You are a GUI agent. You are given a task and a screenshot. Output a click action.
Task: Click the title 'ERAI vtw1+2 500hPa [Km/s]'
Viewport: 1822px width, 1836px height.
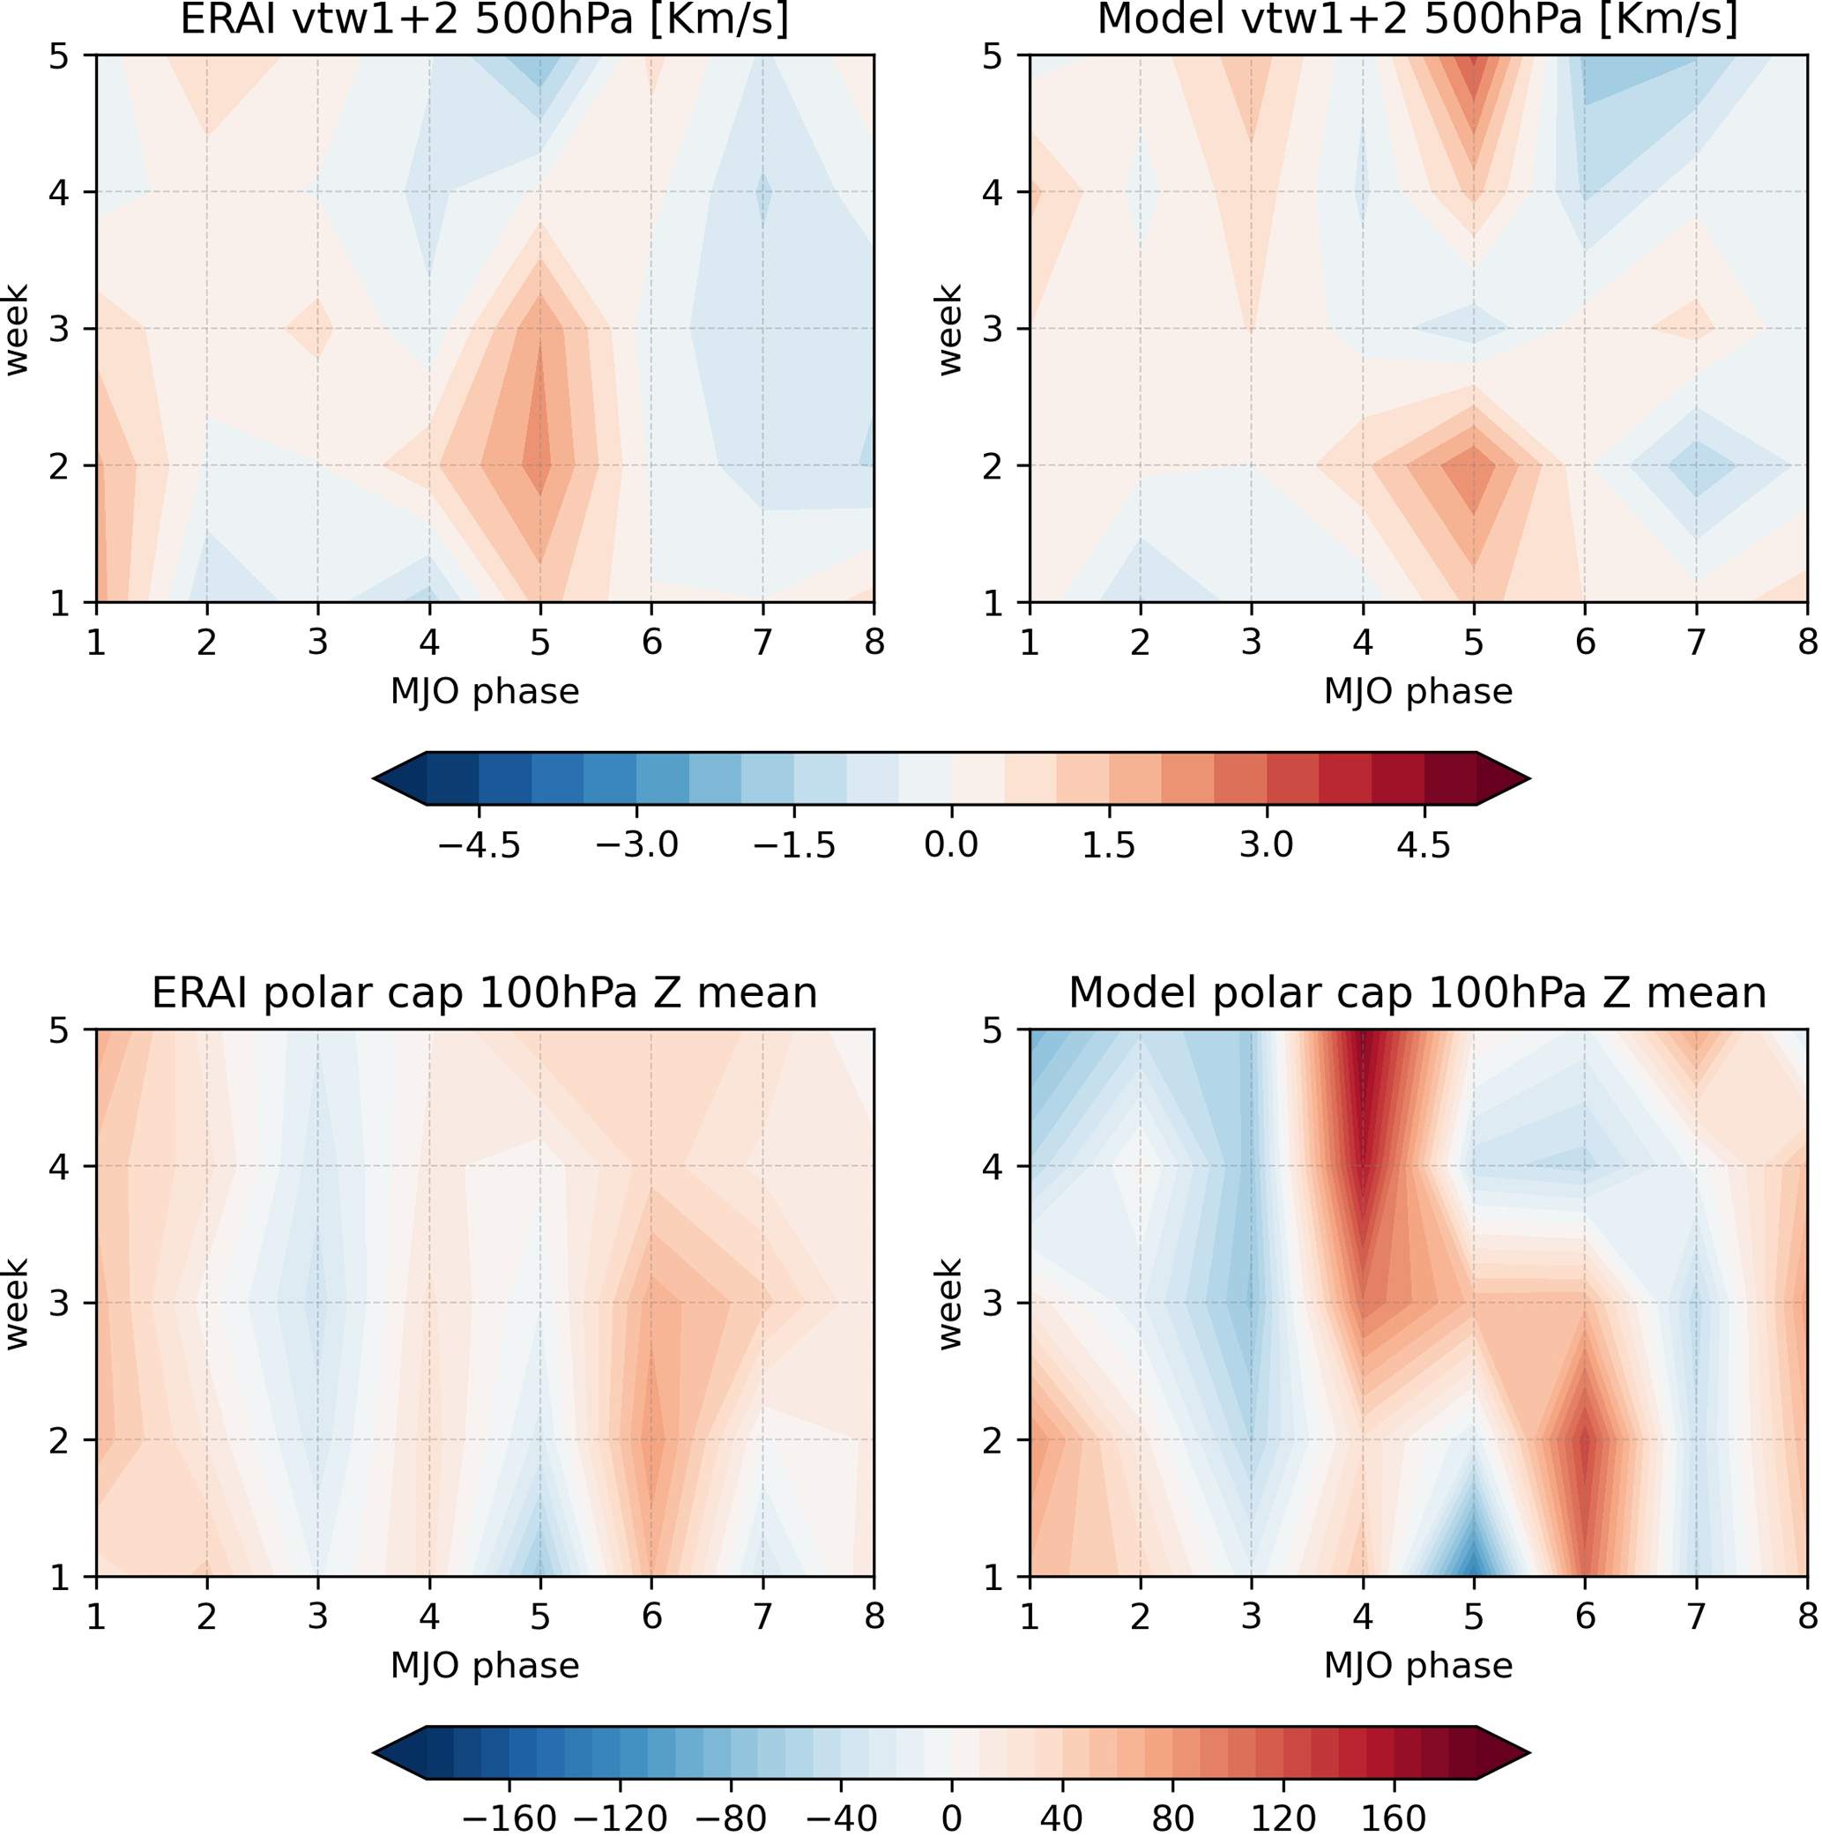pos(485,19)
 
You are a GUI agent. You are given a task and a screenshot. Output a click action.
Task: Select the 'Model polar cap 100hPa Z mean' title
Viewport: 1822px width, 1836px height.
pos(1417,993)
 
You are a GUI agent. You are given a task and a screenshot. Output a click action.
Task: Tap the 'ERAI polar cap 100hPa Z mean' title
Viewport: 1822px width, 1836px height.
pos(485,993)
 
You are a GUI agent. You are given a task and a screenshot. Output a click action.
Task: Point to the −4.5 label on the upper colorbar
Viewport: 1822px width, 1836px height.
pos(478,844)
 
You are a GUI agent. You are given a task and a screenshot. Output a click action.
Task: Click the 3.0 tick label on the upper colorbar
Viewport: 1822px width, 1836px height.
pos(1266,844)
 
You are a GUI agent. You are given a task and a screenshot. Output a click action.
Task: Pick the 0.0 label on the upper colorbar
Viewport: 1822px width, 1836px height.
pos(951,844)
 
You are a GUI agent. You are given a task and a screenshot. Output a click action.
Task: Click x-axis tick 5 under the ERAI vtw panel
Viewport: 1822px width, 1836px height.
pos(539,643)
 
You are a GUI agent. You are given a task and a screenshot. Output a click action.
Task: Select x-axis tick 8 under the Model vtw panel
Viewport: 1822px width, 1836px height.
pos(1807,643)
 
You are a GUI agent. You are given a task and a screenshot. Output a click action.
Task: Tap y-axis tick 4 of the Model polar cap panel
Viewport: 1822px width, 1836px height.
pos(993,1167)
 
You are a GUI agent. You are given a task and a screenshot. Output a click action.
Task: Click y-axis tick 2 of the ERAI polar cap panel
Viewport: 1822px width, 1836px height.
pos(59,1440)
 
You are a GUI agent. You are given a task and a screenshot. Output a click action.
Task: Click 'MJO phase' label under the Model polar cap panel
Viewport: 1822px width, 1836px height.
pos(1417,1666)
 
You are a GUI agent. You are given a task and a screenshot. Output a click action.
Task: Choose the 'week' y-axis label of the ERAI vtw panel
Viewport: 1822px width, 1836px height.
pos(16,329)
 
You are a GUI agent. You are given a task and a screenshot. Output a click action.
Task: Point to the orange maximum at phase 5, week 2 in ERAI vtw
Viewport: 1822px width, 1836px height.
pos(539,465)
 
